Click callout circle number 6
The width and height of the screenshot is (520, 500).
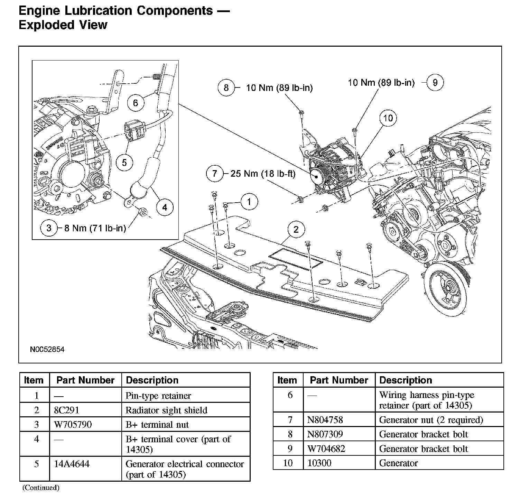135,103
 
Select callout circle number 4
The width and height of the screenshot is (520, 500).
164,207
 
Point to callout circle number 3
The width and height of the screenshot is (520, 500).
49,228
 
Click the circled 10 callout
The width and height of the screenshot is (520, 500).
388,118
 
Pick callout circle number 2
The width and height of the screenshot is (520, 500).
296,230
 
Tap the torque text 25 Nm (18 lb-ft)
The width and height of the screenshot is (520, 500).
263,174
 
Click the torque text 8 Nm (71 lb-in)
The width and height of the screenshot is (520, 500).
95,228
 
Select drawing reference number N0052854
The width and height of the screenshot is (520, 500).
47,349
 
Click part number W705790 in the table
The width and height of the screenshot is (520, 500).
73,425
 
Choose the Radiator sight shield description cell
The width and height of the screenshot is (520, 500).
166,410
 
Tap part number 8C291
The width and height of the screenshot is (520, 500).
67,410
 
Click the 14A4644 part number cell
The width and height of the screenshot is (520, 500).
72,464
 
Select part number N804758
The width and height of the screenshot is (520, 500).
325,420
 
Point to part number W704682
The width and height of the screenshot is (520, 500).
326,449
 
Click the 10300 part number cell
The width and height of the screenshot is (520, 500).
319,463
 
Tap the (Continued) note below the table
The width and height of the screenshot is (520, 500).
41,488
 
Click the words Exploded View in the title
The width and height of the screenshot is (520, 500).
63,25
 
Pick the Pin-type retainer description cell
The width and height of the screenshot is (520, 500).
158,396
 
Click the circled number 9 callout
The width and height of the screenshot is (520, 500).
435,83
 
